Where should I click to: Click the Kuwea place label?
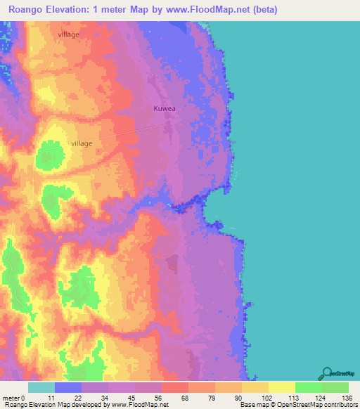[165, 109]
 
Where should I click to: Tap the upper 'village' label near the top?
[69, 34]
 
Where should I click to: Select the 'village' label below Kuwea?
[82, 143]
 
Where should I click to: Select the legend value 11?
[51, 397]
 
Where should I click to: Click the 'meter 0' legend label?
[14, 397]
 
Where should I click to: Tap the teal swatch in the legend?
[41, 387]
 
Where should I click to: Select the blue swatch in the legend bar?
[67, 387]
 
